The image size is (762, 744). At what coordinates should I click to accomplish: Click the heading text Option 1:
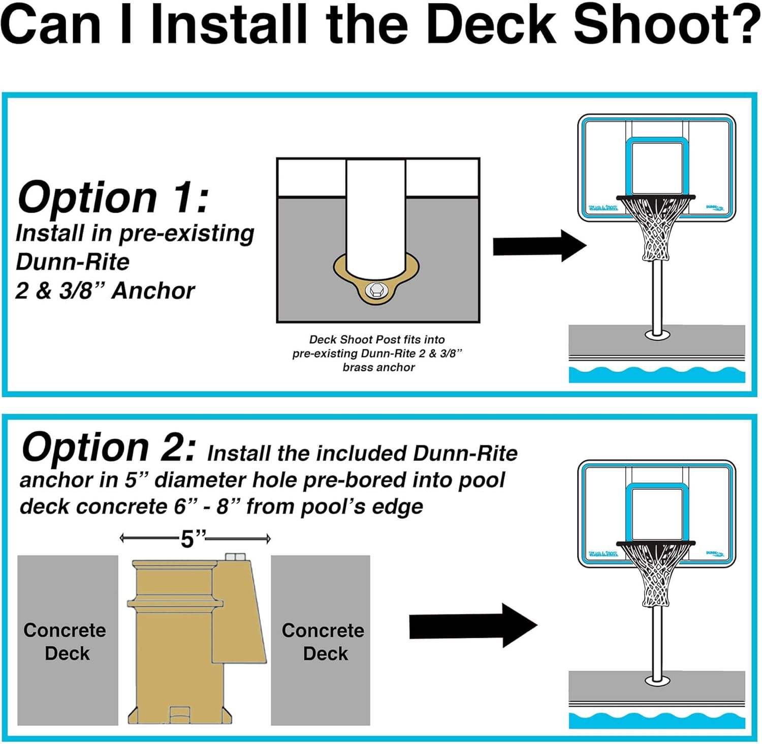click(x=113, y=197)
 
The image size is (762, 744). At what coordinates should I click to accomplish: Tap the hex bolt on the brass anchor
click(x=376, y=290)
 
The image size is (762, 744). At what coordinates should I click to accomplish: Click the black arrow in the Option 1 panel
click(x=538, y=246)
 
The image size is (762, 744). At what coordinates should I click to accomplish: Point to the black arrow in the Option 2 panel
click(x=472, y=625)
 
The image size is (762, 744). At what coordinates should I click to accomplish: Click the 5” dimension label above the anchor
click(x=194, y=539)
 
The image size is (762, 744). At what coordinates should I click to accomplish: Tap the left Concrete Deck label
click(x=66, y=641)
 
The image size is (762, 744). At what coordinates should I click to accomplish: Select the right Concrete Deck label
click(x=324, y=641)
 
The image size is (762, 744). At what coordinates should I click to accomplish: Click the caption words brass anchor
click(x=378, y=367)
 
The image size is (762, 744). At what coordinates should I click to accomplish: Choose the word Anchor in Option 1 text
click(x=153, y=291)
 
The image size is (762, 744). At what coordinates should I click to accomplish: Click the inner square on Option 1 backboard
click(x=657, y=168)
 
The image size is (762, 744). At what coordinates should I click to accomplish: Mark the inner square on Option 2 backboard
click(x=657, y=514)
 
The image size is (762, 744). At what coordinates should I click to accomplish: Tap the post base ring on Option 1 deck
click(x=657, y=335)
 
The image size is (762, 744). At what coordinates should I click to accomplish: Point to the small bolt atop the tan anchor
click(x=235, y=557)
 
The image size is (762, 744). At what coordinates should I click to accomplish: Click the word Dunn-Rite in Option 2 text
click(x=465, y=453)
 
